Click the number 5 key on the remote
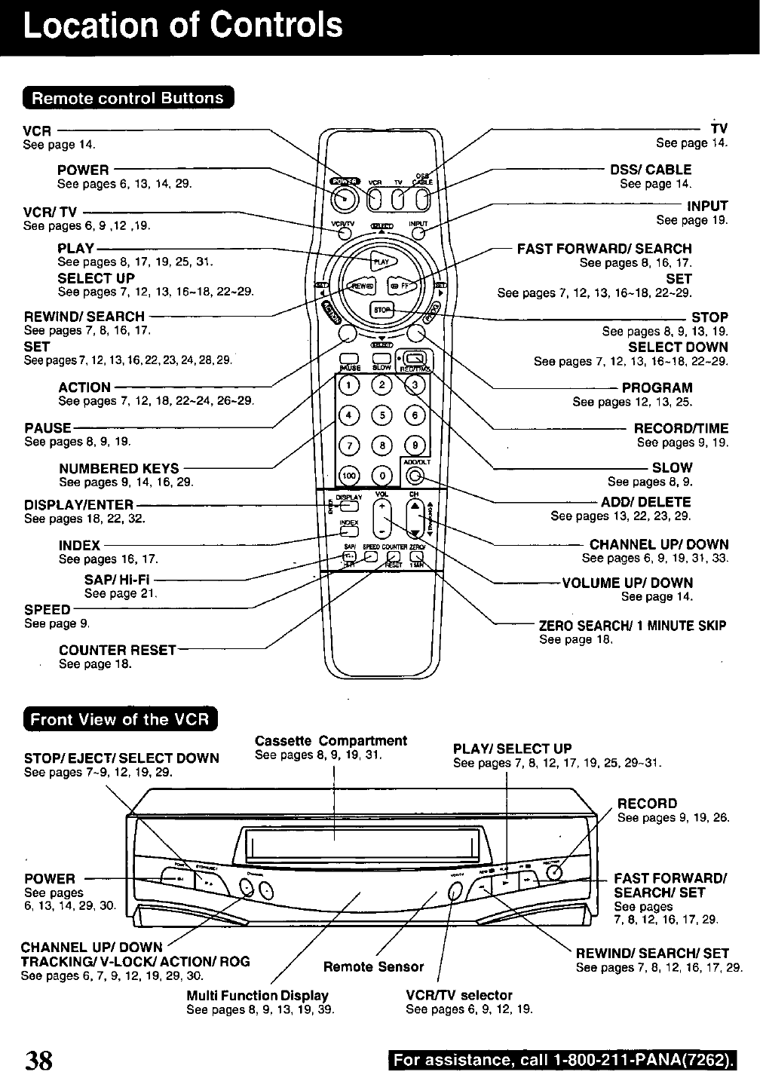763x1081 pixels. pyautogui.click(x=383, y=415)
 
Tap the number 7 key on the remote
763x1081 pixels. pyautogui.click(x=349, y=445)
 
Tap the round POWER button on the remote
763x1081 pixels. pyautogui.click(x=345, y=198)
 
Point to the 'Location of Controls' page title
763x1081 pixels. pyautogui.click(x=183, y=26)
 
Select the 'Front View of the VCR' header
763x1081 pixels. pyautogui.click(x=118, y=719)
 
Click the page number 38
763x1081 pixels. pyautogui.click(x=38, y=1060)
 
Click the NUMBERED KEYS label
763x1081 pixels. pyautogui.click(x=119, y=468)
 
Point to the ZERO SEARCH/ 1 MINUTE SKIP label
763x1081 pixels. pyautogui.click(x=632, y=626)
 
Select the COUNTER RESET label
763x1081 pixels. pyautogui.click(x=118, y=650)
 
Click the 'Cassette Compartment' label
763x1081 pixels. pyautogui.click(x=331, y=740)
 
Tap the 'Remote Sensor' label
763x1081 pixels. pyautogui.click(x=373, y=966)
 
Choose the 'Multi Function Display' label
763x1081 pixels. pyautogui.click(x=257, y=995)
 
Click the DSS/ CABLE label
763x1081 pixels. pyautogui.click(x=650, y=170)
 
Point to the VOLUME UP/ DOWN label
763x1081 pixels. pyautogui.click(x=627, y=583)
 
